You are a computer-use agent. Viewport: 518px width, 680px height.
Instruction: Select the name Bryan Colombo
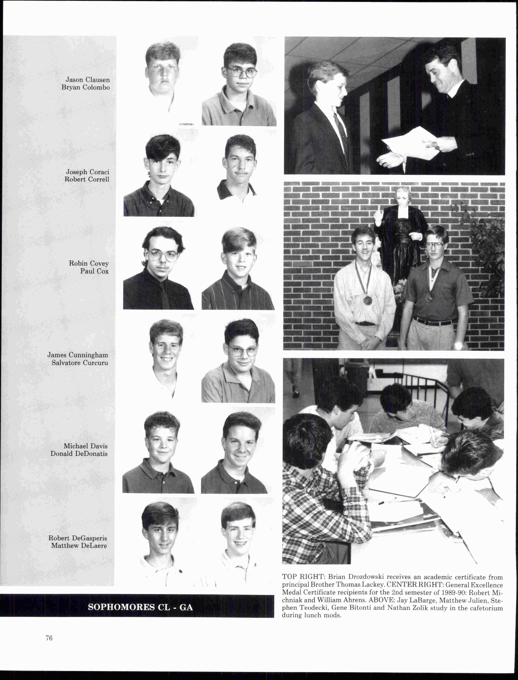[x=85, y=87]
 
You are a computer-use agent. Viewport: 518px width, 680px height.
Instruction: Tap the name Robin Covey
[x=89, y=263]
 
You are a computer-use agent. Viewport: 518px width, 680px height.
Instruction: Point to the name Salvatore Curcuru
[x=80, y=363]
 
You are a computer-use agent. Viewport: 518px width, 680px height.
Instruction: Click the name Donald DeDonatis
[x=79, y=454]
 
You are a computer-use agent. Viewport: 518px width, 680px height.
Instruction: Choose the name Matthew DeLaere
[x=79, y=546]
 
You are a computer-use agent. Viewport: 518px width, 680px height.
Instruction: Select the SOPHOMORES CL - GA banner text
[x=140, y=607]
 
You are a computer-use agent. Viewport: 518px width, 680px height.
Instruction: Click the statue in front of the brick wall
[x=401, y=234]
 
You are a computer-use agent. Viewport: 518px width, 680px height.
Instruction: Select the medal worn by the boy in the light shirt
[x=367, y=300]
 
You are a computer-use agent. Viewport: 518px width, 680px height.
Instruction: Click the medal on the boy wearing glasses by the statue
[x=429, y=297]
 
